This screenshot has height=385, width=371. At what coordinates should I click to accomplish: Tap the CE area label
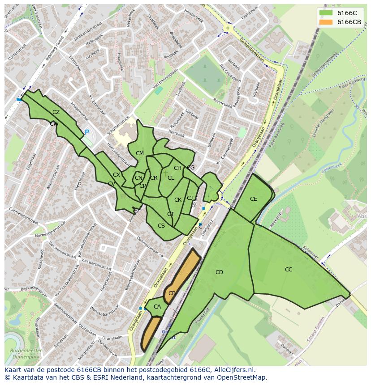tap(254, 199)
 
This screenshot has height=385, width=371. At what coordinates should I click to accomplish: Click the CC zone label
tap(289, 270)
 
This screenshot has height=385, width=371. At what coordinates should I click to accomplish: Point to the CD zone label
tap(219, 272)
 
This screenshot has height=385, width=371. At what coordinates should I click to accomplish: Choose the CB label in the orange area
tap(172, 293)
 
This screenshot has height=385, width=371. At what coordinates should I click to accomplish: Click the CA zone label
tap(157, 307)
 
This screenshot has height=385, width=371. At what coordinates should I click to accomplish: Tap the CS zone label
tap(161, 226)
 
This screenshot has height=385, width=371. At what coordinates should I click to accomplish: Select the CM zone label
tap(140, 153)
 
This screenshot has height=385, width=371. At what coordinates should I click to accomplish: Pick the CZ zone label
tap(56, 112)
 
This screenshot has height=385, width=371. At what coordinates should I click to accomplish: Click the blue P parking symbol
tap(87, 132)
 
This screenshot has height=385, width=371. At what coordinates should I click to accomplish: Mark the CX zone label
tap(116, 175)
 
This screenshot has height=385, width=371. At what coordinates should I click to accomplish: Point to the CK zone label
tap(178, 200)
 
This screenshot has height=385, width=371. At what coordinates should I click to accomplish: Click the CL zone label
tap(171, 178)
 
